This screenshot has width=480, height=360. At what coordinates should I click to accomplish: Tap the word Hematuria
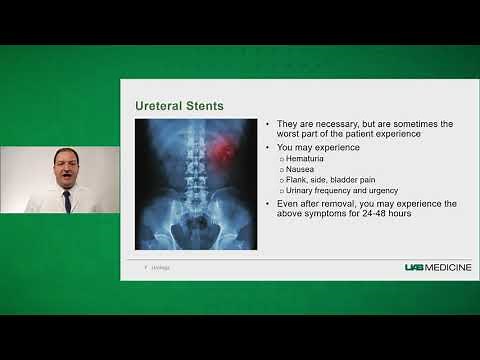pos(305,158)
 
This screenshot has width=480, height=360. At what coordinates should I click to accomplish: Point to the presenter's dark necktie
pos(66,200)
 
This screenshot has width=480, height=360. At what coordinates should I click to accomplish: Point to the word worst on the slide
pos(289,134)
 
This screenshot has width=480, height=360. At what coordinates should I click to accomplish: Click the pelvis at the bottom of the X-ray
pos(190,230)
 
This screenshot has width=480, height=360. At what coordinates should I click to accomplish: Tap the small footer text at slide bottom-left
pos(159,267)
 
